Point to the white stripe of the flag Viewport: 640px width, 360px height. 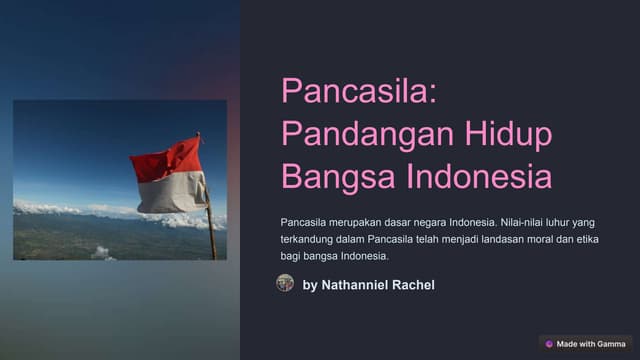171,193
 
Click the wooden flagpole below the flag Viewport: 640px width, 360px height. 212,233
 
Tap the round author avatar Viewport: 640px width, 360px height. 285,283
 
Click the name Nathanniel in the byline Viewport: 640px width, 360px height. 354,285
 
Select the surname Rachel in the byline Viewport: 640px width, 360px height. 413,285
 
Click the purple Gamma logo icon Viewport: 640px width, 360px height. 549,344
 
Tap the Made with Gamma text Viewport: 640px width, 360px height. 591,344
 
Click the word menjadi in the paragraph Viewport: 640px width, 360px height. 460,240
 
